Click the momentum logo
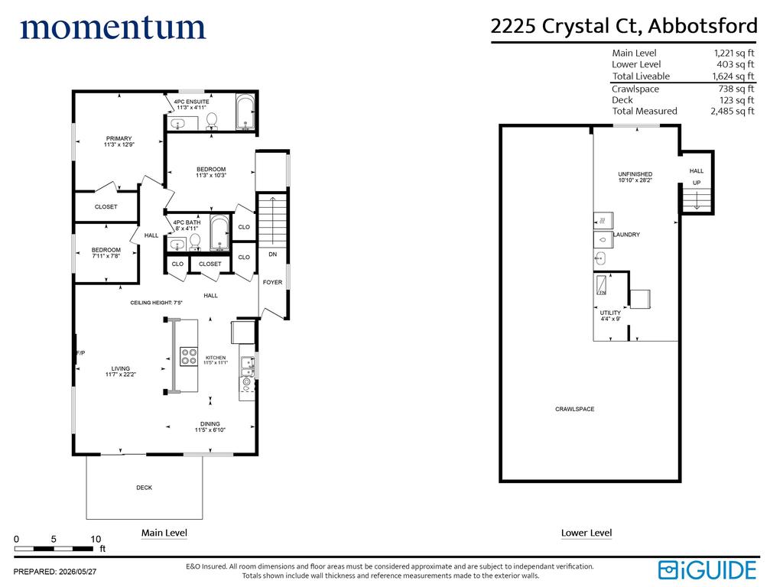[113, 28]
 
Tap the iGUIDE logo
[707, 570]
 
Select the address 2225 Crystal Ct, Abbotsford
[624, 26]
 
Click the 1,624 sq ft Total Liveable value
[733, 76]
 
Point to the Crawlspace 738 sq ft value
[736, 89]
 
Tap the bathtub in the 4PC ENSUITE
[245, 112]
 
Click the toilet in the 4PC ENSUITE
[212, 121]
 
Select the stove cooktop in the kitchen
[189, 356]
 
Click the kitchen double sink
[247, 367]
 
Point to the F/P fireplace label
[80, 353]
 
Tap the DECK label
[145, 488]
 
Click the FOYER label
[273, 283]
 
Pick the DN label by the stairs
[273, 255]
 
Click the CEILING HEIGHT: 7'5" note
[156, 303]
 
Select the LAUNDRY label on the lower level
[627, 235]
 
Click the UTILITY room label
[610, 313]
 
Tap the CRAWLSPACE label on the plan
[575, 410]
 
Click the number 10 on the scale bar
[96, 539]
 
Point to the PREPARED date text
[55, 572]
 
